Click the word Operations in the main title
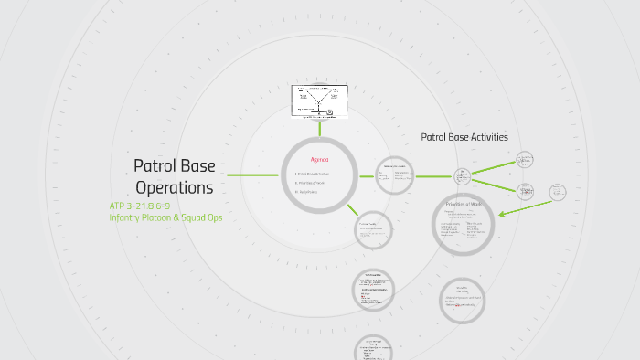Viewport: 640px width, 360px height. click(174, 187)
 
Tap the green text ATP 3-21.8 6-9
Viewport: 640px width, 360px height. click(140, 206)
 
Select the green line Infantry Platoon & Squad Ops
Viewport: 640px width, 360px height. click(165, 217)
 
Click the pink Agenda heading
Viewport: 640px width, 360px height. click(319, 159)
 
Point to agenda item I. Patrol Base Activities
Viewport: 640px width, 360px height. click(313, 174)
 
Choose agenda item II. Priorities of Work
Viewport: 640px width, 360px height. click(311, 183)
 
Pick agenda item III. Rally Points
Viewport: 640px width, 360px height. click(306, 192)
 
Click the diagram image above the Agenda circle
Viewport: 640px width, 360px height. click(320, 101)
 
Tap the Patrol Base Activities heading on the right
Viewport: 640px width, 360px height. click(464, 137)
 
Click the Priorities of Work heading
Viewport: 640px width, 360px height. click(463, 204)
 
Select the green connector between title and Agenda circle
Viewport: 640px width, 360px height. click(252, 175)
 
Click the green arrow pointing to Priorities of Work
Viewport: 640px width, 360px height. click(523, 206)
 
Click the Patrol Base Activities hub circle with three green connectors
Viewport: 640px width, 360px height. click(463, 175)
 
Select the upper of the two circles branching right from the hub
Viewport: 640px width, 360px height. click(525, 160)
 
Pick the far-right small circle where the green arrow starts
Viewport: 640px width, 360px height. click(558, 191)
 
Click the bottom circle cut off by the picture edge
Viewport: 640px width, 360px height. click(373, 349)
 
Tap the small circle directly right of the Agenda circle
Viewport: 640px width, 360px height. click(395, 175)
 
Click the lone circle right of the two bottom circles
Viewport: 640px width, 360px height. click(462, 301)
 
